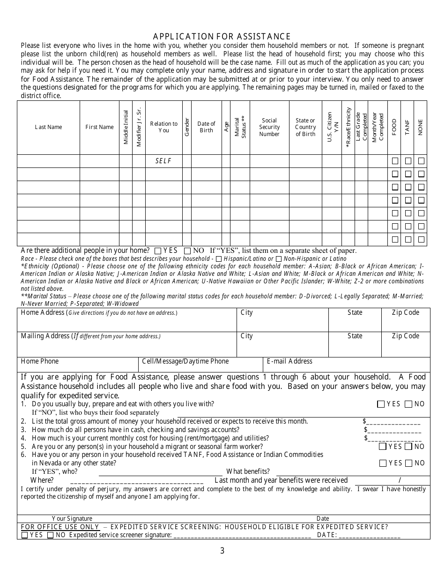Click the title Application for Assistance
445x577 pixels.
[222, 37]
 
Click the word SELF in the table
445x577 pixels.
[163, 161]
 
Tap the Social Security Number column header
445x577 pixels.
[269, 127]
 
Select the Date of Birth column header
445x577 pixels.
[206, 127]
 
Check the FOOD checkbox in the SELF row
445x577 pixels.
[395, 161]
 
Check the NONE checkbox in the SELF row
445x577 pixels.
[421, 161]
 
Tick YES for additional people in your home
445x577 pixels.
[158, 251]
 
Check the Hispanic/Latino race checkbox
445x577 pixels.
[219, 259]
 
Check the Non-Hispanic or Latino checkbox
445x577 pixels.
[279, 259]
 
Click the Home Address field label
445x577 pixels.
[43, 313]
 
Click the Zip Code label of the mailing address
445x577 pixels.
[405, 336]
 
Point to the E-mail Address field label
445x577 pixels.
[289, 361]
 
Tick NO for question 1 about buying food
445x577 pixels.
[408, 404]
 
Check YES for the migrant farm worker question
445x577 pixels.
[382, 447]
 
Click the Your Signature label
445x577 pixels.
[72, 518]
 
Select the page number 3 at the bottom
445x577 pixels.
[222, 551]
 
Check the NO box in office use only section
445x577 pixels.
[51, 535]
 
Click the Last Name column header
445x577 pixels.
[48, 127]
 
